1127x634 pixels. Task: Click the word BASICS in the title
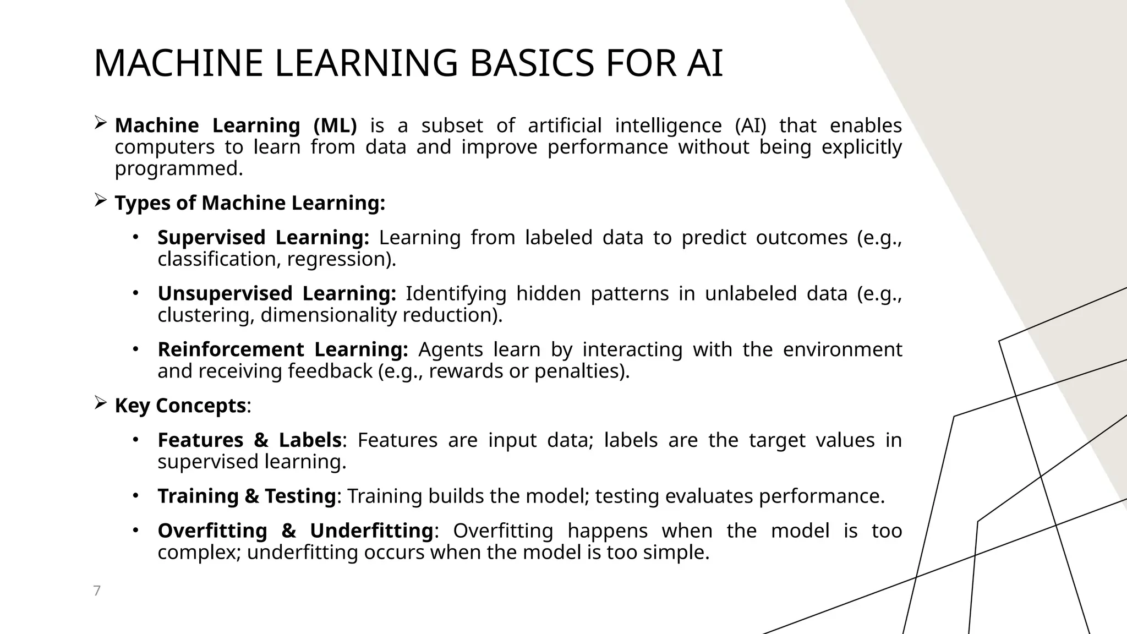click(532, 63)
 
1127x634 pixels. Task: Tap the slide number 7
click(97, 591)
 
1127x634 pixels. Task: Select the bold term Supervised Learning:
click(263, 238)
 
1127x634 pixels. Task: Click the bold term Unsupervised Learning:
click(276, 294)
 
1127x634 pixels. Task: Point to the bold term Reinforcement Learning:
click(282, 350)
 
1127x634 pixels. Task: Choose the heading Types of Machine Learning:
click(250, 203)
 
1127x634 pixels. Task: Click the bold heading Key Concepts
click(180, 406)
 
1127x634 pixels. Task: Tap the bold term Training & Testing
click(247, 496)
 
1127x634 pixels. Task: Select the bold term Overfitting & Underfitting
click(295, 531)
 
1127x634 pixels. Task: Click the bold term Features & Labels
click(249, 440)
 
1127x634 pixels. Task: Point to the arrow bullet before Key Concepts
click(100, 403)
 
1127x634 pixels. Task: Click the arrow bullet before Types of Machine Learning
click(100, 201)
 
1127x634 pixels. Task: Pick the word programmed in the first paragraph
click(178, 169)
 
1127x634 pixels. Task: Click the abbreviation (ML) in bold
click(335, 126)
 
